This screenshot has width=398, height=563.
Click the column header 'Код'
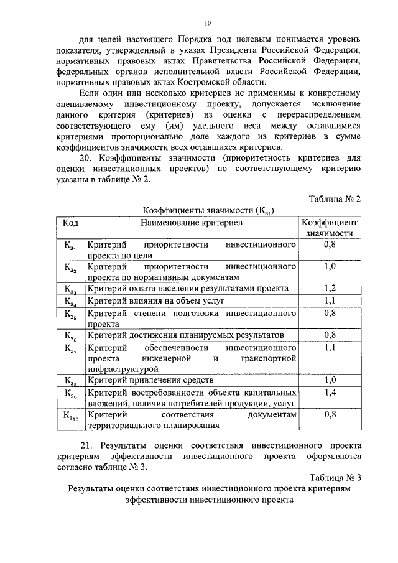tap(70, 222)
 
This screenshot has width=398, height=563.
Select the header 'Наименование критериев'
tap(191, 222)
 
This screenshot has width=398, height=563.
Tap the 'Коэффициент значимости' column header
tap(330, 228)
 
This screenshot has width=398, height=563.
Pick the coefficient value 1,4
tap(330, 393)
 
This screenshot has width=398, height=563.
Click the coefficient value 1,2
tap(330, 289)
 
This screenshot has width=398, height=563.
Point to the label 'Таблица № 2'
tap(335, 198)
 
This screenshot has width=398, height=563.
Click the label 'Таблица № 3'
tap(335, 477)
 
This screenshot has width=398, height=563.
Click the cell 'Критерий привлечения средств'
tap(150, 380)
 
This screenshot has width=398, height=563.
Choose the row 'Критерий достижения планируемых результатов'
tap(185, 335)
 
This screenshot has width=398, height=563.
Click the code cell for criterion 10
tap(71, 417)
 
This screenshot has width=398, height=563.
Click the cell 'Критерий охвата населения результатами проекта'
tap(188, 289)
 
